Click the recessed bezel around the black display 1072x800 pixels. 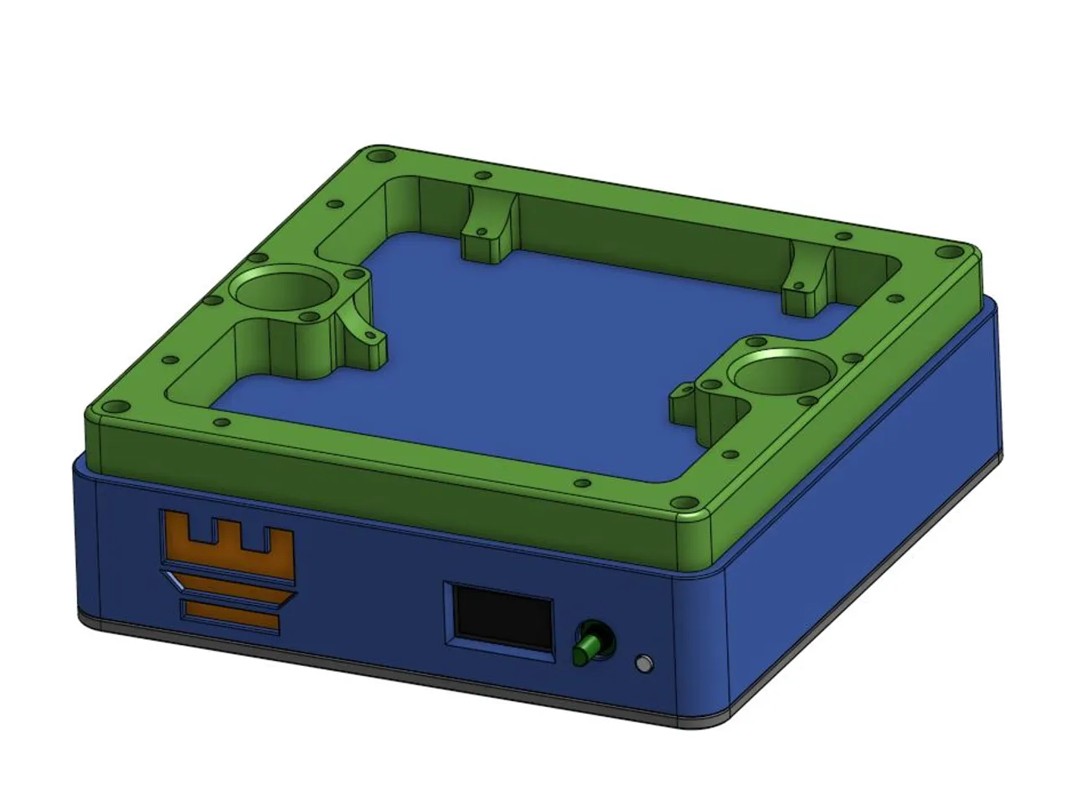(x=451, y=617)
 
